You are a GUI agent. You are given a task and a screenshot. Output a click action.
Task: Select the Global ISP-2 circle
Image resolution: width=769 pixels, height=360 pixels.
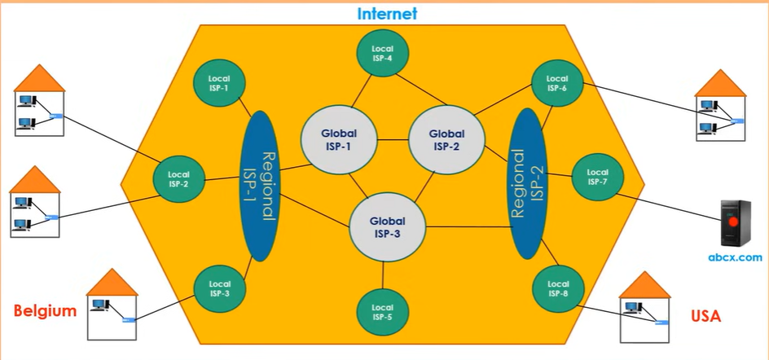(446, 140)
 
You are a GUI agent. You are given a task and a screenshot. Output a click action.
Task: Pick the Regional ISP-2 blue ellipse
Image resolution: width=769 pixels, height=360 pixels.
(526, 184)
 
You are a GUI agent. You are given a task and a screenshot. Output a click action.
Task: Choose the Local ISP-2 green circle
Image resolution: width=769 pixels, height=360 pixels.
(178, 178)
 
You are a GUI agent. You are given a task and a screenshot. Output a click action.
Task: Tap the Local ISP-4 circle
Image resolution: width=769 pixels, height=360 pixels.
(382, 54)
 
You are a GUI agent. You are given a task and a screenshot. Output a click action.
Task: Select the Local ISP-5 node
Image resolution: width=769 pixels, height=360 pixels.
(382, 313)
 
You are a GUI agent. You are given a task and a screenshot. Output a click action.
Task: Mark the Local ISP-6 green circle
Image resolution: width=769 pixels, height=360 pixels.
(556, 83)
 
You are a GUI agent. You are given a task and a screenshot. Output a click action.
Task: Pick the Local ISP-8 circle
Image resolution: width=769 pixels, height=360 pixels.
(556, 289)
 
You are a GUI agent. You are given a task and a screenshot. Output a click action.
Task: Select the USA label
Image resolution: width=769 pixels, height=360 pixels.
(705, 315)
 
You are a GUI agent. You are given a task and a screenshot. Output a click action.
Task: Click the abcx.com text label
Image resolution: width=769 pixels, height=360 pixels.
(735, 257)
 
